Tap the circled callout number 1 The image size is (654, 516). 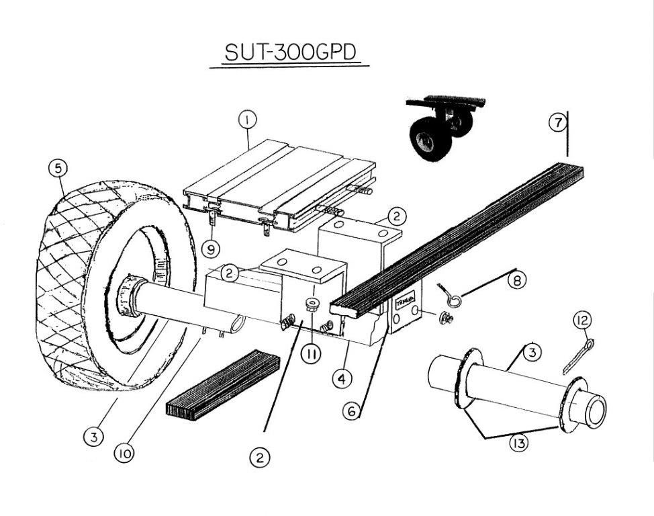(x=248, y=121)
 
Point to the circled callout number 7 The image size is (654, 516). (x=557, y=123)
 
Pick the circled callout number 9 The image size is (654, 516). (x=211, y=249)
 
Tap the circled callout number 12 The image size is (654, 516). (x=581, y=321)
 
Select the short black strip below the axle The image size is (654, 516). (x=222, y=386)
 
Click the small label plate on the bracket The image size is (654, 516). (x=406, y=302)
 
